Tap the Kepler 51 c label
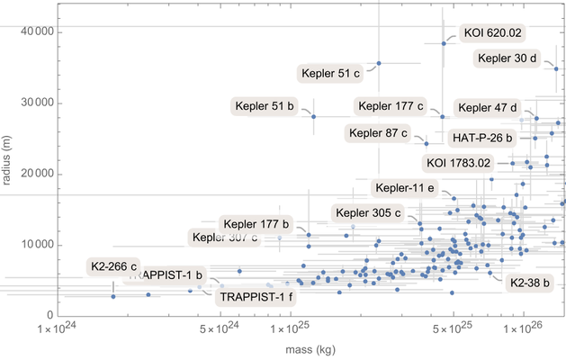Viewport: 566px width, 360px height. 329,72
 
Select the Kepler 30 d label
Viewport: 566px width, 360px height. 508,59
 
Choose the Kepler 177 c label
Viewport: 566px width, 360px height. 391,106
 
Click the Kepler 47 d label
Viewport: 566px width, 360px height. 486,108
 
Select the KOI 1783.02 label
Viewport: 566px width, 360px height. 458,163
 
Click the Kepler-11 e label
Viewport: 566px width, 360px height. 405,188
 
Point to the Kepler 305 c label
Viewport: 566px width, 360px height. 368,213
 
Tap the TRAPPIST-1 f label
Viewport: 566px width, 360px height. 256,296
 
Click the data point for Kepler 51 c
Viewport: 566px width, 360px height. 379,63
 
